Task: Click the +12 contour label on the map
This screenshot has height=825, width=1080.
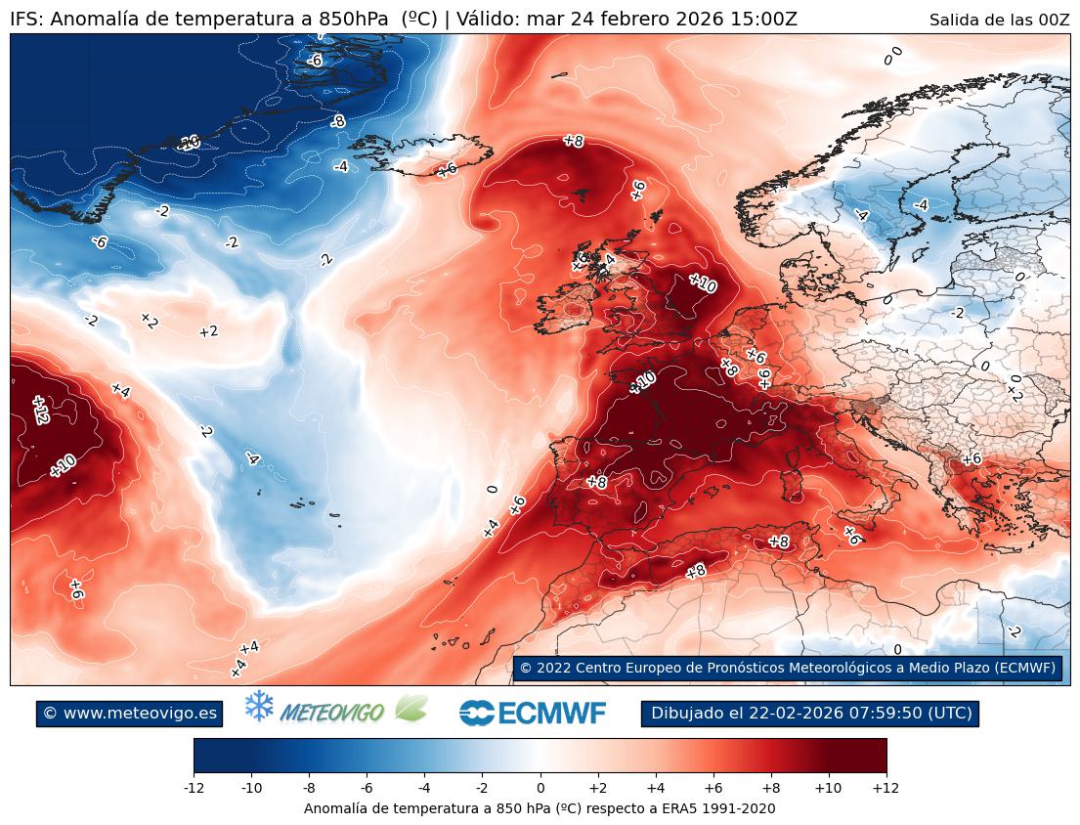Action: click(40, 410)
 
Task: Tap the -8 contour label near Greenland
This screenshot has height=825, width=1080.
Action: click(337, 122)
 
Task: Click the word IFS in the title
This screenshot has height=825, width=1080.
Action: click(23, 20)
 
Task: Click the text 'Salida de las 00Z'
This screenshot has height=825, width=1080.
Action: click(999, 20)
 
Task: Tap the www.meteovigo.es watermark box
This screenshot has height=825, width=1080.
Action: click(129, 714)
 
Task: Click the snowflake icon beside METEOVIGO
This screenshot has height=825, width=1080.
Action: click(259, 707)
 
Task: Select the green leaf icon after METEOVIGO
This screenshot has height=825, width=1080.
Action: click(410, 709)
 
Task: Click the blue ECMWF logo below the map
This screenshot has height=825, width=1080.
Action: click(533, 714)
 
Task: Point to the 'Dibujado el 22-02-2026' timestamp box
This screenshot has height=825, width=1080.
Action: click(810, 714)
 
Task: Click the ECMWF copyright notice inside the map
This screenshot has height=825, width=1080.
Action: click(787, 668)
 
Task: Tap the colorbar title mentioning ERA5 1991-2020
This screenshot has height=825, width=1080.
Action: click(540, 808)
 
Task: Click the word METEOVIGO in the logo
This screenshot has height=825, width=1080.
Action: click(332, 714)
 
